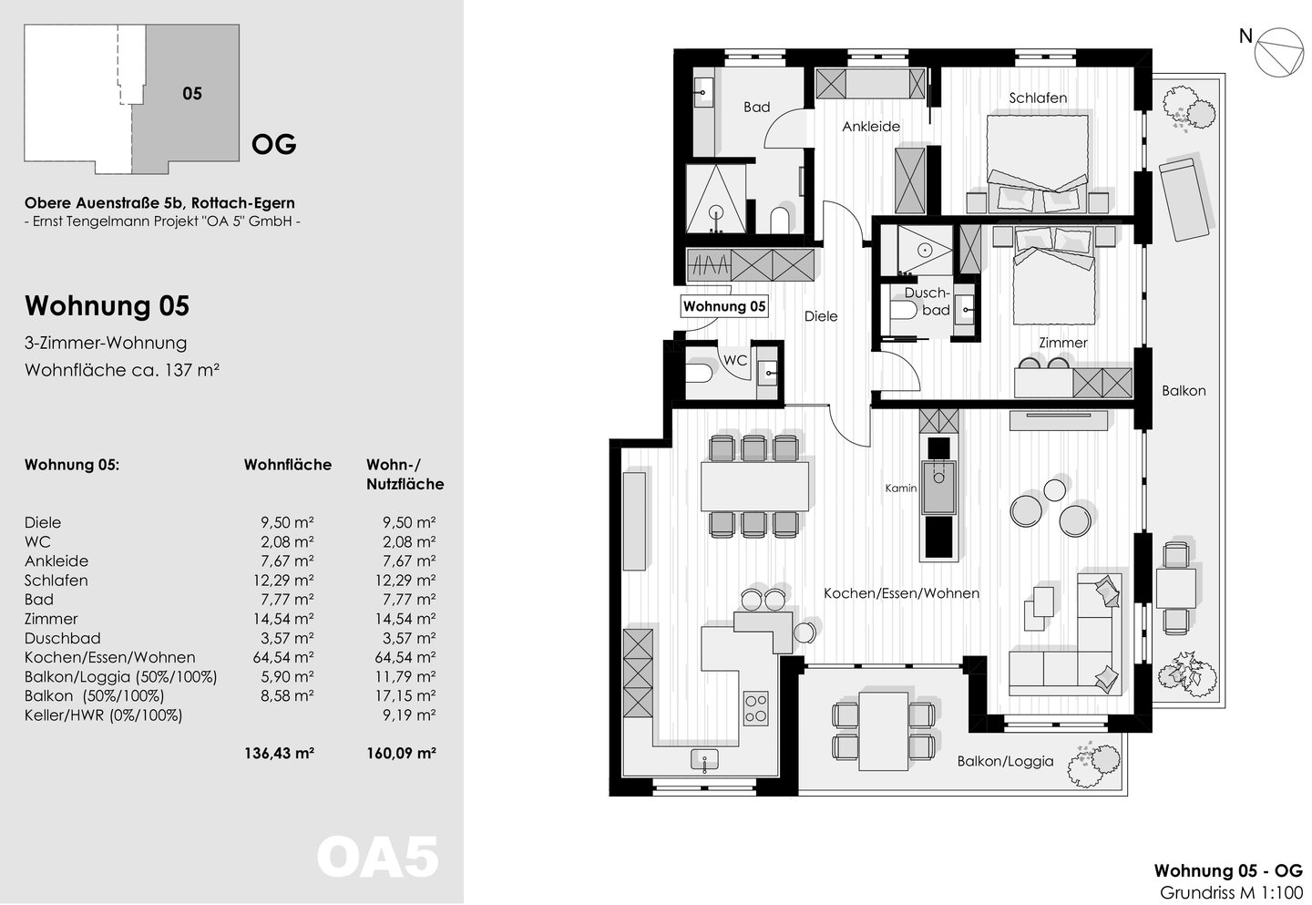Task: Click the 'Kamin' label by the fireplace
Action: [x=901, y=488]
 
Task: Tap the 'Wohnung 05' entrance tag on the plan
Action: [x=724, y=306]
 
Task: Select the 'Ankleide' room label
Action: [x=871, y=127]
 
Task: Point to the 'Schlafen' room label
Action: [x=1037, y=98]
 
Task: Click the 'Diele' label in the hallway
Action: [x=821, y=316]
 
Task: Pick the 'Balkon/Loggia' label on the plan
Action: [x=1005, y=761]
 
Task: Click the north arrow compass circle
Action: [x=1278, y=52]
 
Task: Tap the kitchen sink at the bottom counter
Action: [x=704, y=759]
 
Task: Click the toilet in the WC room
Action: [x=699, y=373]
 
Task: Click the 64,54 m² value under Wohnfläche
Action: [x=282, y=657]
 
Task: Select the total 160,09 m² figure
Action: [x=401, y=753]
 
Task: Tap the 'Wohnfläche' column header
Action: [x=288, y=465]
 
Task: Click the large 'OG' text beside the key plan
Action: [x=273, y=144]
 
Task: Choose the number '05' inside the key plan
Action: [x=192, y=94]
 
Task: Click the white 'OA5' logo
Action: [x=378, y=858]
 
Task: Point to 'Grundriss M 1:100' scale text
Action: [x=1231, y=893]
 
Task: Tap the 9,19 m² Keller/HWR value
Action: [x=409, y=715]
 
